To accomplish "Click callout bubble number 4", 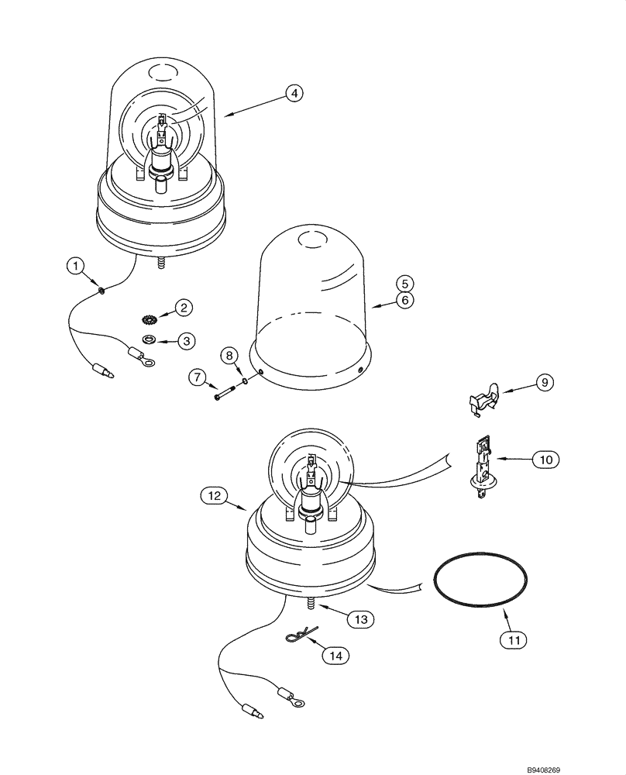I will pyautogui.click(x=293, y=93).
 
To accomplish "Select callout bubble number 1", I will pyautogui.click(x=75, y=267).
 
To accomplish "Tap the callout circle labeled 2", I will pyautogui.click(x=184, y=308).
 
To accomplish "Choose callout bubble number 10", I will pyautogui.click(x=545, y=460).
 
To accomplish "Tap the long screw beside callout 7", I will pyautogui.click(x=225, y=395).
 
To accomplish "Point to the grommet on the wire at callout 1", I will pyautogui.click(x=102, y=292).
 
